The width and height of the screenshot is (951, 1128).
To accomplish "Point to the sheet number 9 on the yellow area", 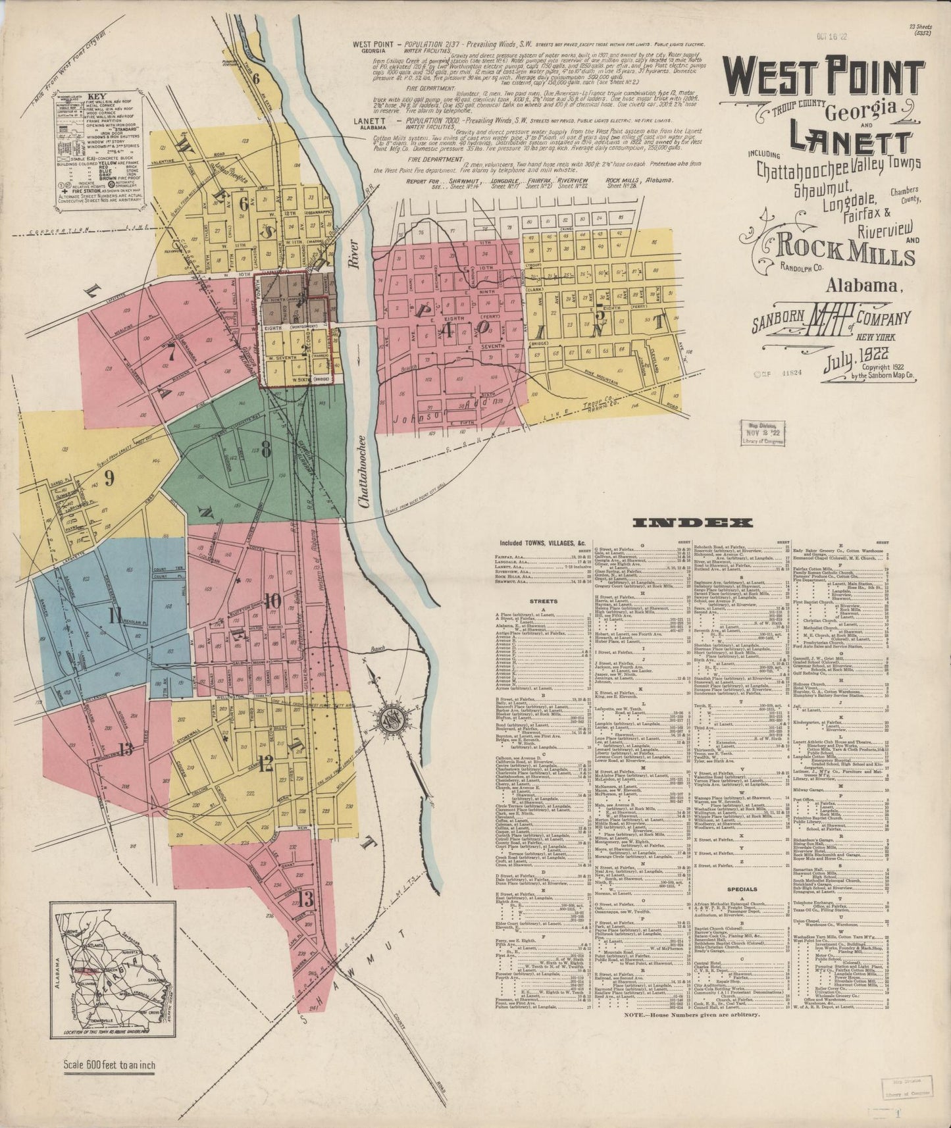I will [109, 478].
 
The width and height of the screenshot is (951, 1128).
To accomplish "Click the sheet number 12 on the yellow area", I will [265, 763].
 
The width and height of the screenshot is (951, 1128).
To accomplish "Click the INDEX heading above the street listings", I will [692, 523].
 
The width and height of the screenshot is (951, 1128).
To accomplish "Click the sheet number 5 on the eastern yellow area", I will [600, 315].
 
